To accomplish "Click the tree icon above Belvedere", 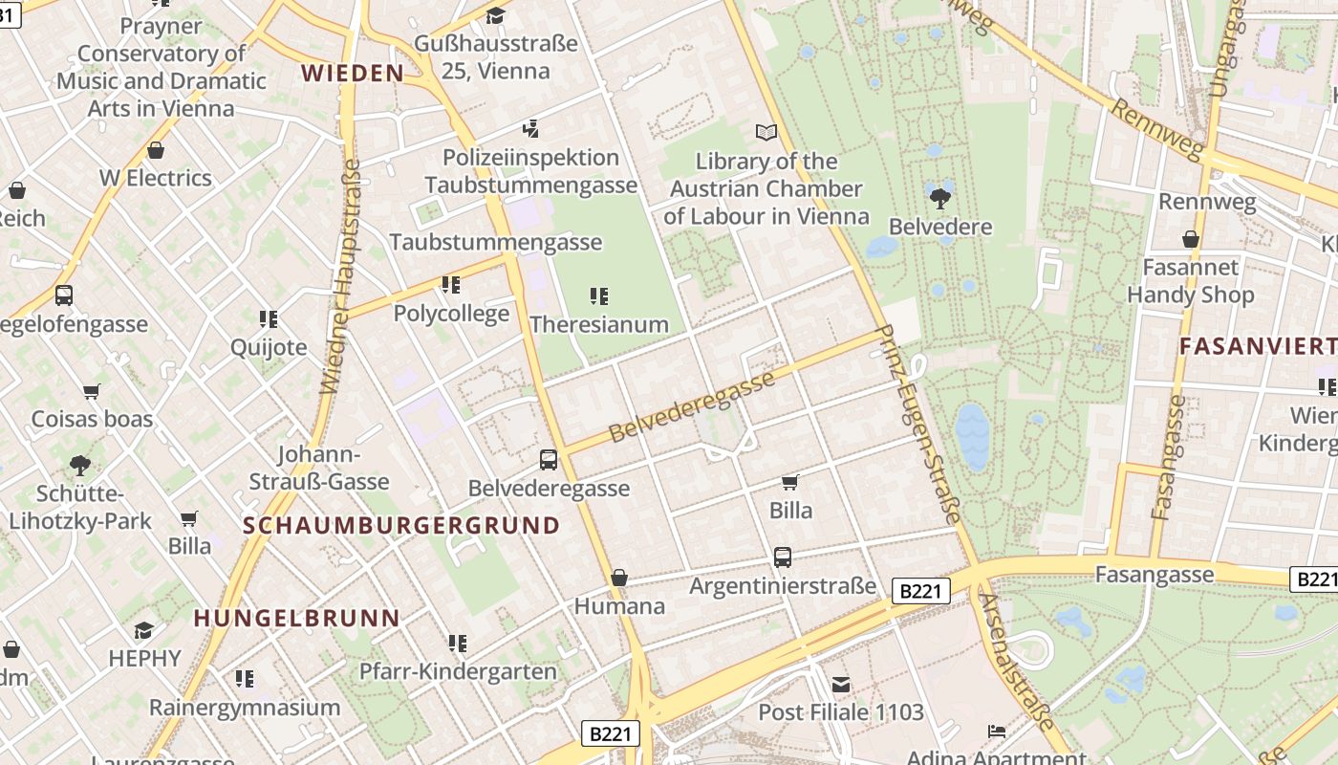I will click(x=939, y=199).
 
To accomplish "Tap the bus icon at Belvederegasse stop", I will click(x=549, y=460).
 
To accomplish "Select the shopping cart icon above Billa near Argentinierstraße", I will click(x=790, y=482).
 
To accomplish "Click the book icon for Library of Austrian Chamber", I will click(x=766, y=133).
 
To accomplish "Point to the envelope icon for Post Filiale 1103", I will click(x=841, y=685).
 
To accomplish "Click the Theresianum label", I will click(x=599, y=324).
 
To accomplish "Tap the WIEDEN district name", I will click(x=353, y=74).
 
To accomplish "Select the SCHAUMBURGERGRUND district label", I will click(x=401, y=525).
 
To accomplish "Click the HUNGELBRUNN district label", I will click(x=296, y=618).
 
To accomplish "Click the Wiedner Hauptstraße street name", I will click(x=341, y=277).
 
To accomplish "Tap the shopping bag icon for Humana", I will click(x=619, y=578).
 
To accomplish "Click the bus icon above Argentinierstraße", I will click(x=783, y=557).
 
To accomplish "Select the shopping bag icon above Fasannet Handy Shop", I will click(x=1191, y=239).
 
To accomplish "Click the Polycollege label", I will click(x=451, y=314).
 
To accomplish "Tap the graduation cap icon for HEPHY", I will click(x=144, y=630).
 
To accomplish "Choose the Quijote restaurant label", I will click(x=269, y=347).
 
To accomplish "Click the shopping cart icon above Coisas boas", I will click(x=92, y=391).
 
